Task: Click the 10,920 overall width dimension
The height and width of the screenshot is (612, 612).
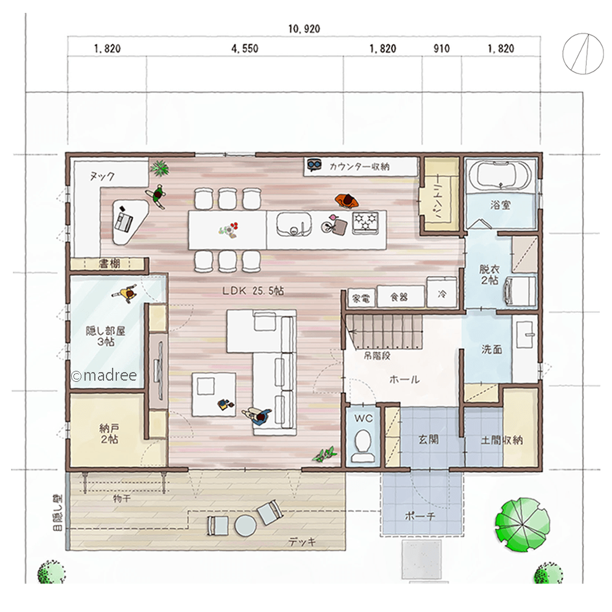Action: (x=304, y=29)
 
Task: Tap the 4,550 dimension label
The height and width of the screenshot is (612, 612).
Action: (x=245, y=48)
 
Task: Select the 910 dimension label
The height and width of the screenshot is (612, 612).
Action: (x=441, y=48)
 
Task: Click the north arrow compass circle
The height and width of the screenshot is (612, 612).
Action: (x=580, y=53)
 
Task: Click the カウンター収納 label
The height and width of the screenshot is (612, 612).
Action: (x=359, y=166)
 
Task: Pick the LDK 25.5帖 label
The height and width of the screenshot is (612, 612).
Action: (x=253, y=291)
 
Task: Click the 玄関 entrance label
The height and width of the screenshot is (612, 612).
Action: (x=428, y=439)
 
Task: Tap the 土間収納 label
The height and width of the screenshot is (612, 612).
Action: (x=502, y=440)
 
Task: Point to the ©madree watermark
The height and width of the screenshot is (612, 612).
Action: (x=104, y=376)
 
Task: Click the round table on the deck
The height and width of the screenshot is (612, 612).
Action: (x=246, y=525)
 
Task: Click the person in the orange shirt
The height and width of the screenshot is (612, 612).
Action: (x=346, y=201)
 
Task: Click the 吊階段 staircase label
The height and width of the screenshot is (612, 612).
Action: (x=376, y=356)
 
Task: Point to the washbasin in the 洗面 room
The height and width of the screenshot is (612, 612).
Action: (x=525, y=335)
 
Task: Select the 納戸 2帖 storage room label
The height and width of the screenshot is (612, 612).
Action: (x=109, y=434)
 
